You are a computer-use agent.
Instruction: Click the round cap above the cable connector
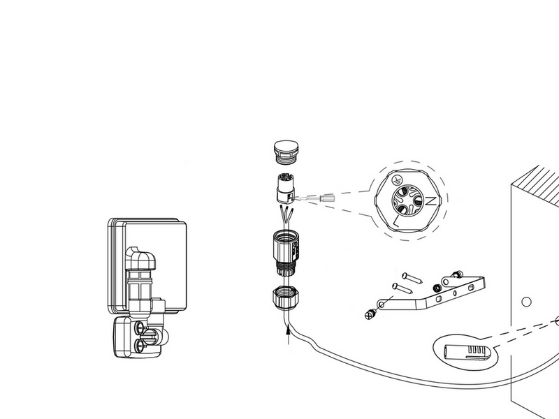click(x=286, y=152)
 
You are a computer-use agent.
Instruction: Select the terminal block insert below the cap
click(x=285, y=188)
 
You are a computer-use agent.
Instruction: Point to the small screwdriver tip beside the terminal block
click(x=328, y=198)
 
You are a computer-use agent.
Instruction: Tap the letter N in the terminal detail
click(x=430, y=201)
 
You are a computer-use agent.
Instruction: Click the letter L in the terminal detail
click(x=396, y=221)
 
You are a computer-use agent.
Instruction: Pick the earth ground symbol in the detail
click(x=396, y=179)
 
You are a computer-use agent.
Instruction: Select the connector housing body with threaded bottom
click(x=286, y=253)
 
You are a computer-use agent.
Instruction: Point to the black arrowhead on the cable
click(x=288, y=331)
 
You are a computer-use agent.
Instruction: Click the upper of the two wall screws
click(x=412, y=278)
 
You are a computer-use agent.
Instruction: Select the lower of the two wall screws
click(x=402, y=288)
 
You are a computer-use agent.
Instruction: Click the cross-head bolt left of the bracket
click(x=371, y=314)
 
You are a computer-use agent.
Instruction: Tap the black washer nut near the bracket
click(x=437, y=288)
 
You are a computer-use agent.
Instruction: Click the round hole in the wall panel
click(x=526, y=302)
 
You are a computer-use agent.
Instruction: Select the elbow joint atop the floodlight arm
click(x=141, y=258)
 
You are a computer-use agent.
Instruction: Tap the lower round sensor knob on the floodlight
click(x=140, y=344)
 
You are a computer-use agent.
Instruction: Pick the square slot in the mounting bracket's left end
click(x=439, y=300)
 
